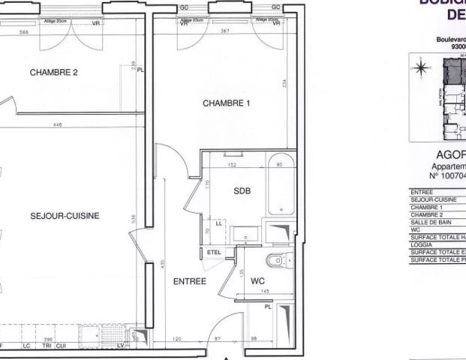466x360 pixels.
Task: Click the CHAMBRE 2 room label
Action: (x=54, y=73)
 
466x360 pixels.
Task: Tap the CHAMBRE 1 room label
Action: (x=226, y=104)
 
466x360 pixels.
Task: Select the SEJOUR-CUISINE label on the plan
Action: (x=65, y=215)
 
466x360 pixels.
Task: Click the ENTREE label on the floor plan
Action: (x=191, y=282)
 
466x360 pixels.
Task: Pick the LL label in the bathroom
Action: (x=218, y=223)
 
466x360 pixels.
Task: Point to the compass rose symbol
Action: (x=420, y=67)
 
